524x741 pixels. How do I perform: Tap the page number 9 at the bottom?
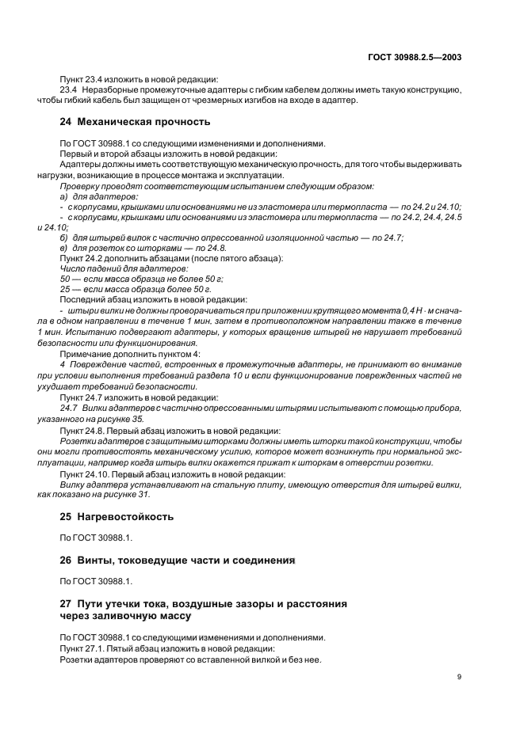(x=460, y=677)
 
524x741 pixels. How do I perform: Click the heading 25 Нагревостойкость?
(x=117, y=517)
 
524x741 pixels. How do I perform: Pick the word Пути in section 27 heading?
(x=92, y=602)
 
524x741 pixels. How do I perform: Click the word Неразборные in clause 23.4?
(x=105, y=89)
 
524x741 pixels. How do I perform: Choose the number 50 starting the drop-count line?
(x=66, y=279)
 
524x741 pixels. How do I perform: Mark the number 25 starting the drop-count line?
(x=66, y=289)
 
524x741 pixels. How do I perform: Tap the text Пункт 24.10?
(x=85, y=473)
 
